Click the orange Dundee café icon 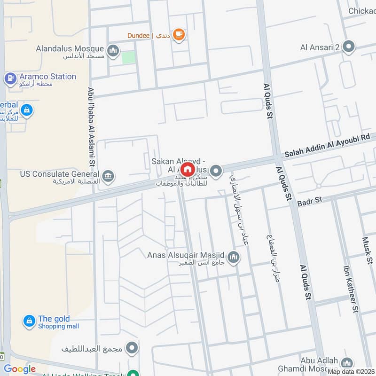[x=179, y=34]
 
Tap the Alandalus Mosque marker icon [x=113, y=50]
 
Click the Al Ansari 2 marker [x=348, y=47]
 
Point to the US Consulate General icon [x=108, y=176]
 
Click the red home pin [x=188, y=169]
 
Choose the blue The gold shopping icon [x=29, y=321]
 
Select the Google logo [x=20, y=369]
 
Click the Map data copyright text [x=351, y=371]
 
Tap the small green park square [x=128, y=58]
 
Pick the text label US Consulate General [x=61, y=174]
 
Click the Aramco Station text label [x=47, y=76]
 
